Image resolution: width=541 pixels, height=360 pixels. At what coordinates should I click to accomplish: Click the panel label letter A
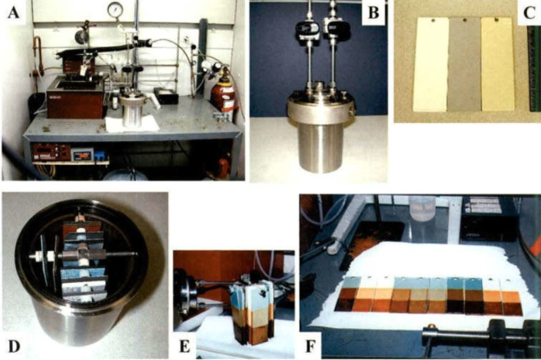[13, 13]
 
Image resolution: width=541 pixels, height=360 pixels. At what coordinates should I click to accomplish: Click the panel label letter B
[373, 13]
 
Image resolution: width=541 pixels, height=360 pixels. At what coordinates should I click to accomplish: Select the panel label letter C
[530, 13]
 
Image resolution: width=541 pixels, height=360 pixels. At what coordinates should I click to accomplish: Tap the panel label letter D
[14, 346]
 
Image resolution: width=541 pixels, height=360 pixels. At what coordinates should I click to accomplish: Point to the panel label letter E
[185, 347]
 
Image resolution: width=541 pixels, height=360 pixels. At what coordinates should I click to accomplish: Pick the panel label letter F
[311, 347]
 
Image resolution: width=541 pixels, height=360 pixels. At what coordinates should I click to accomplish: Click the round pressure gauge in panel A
[115, 10]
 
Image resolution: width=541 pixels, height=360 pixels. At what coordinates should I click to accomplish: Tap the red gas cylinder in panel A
[222, 90]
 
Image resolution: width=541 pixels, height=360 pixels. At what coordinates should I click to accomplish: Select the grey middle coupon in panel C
[465, 65]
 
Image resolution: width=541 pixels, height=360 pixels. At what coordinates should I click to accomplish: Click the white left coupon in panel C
[431, 65]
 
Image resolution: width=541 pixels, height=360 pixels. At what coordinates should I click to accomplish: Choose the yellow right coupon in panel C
[498, 64]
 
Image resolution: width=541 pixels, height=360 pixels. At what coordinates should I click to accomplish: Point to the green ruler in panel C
[534, 69]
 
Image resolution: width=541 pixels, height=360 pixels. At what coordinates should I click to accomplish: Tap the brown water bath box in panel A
[75, 98]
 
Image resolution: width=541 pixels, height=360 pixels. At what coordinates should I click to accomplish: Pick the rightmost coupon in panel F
[512, 297]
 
